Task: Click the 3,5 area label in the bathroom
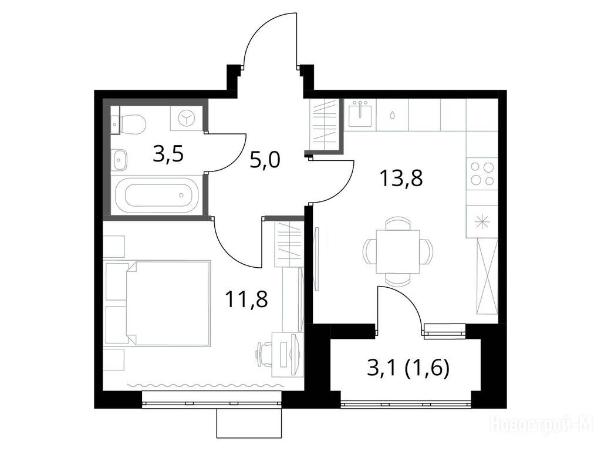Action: [168, 154]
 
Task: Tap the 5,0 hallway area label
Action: [265, 160]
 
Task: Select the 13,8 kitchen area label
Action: [401, 179]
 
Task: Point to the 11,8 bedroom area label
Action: [247, 299]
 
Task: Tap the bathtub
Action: [158, 195]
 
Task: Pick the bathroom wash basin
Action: [120, 160]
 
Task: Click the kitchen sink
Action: [360, 114]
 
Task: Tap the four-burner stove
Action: [482, 174]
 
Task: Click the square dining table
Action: [398, 251]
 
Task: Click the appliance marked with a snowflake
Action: [482, 222]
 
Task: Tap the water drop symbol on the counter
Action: [393, 115]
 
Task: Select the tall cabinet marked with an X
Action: [487, 277]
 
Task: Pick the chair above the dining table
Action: [398, 223]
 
